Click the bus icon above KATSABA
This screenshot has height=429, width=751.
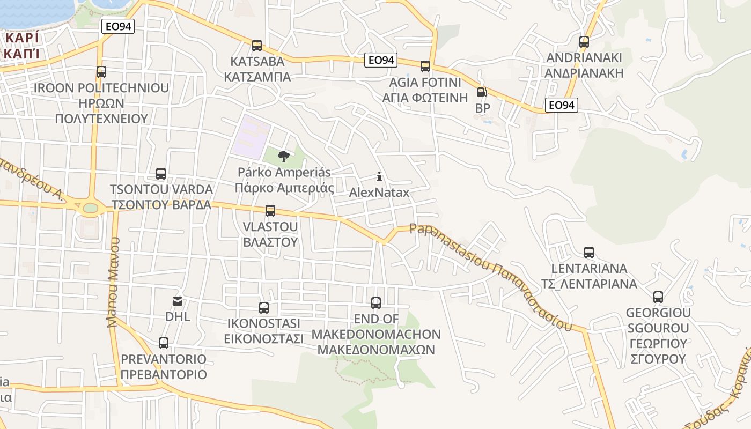[x=257, y=46]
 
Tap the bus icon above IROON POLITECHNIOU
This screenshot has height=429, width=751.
[x=101, y=72]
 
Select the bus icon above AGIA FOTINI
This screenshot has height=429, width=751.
[x=425, y=66]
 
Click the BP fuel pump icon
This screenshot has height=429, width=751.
[x=482, y=93]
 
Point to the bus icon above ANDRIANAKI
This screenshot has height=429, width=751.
[x=584, y=42]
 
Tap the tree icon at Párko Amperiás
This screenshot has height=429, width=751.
[x=284, y=157]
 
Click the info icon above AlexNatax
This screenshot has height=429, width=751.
[x=379, y=176]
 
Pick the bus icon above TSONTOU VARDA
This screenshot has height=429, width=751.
[x=161, y=174]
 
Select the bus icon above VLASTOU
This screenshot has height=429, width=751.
[x=270, y=211]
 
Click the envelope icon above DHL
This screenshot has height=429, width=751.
[x=178, y=301]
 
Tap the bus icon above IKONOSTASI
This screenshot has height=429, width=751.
[x=264, y=308]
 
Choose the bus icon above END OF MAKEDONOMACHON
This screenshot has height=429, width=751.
[x=376, y=303]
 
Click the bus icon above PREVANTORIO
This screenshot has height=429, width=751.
[x=164, y=343]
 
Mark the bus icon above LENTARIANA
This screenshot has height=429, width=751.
[x=589, y=253]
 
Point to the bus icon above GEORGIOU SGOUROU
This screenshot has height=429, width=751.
[x=658, y=297]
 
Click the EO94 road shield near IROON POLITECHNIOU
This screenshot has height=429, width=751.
[x=117, y=26]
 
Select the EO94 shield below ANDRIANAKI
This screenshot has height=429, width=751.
[x=562, y=105]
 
